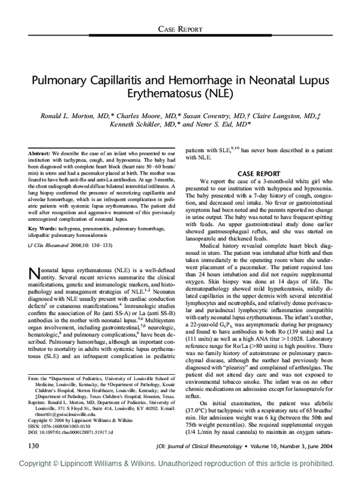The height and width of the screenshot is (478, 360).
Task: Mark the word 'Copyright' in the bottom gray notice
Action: click(x=39, y=465)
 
